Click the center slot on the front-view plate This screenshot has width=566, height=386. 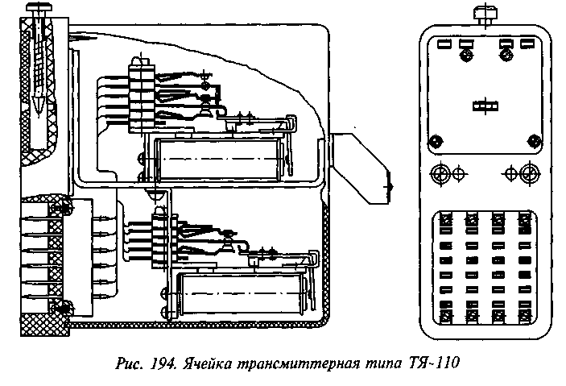pyautogui.click(x=484, y=105)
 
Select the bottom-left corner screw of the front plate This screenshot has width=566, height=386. pyautogui.click(x=435, y=142)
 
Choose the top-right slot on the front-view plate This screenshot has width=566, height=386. pyautogui.click(x=526, y=44)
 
